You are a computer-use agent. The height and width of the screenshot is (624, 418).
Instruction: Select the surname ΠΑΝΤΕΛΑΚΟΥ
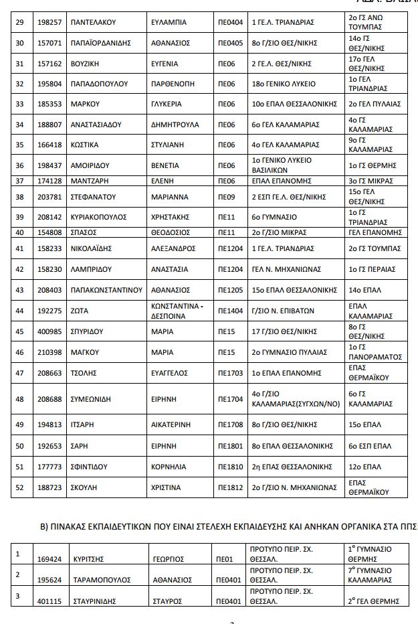tap(93, 22)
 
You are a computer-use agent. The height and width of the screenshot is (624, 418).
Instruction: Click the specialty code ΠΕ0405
tap(231, 43)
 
